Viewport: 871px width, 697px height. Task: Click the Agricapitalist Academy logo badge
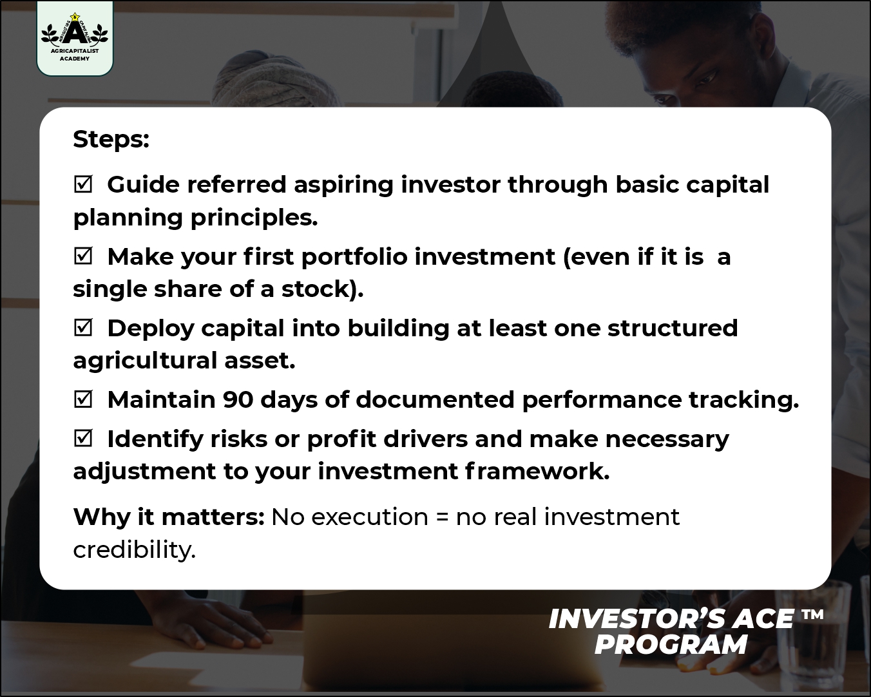(75, 38)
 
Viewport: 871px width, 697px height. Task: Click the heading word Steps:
(111, 140)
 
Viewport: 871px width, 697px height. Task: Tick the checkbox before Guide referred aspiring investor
(83, 184)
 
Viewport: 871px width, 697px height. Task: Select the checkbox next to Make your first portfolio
(83, 256)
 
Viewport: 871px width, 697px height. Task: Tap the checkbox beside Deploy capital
(83, 327)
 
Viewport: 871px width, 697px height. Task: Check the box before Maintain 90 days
(83, 399)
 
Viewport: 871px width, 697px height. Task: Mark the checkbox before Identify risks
(83, 438)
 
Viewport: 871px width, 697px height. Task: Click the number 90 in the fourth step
(238, 400)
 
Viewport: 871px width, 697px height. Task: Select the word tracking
(744, 400)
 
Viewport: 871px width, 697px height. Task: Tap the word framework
(537, 471)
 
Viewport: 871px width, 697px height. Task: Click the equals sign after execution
(442, 517)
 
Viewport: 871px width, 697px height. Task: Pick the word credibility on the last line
(135, 549)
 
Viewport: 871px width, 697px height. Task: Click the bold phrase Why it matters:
(169, 517)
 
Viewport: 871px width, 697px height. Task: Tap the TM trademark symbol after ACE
(812, 615)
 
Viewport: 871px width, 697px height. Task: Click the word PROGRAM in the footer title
(670, 644)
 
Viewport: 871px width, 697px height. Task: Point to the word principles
(254, 218)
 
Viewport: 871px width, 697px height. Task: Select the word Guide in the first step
(143, 185)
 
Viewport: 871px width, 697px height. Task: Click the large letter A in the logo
(75, 31)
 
